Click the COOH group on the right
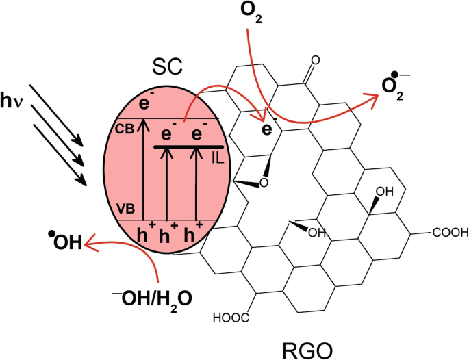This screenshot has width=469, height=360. coord(450,233)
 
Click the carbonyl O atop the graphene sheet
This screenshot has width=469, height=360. coord(314,60)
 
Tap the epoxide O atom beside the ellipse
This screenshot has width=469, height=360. coord(264,183)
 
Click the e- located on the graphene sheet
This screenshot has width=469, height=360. coord(269,128)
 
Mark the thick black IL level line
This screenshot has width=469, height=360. coord(188,146)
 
